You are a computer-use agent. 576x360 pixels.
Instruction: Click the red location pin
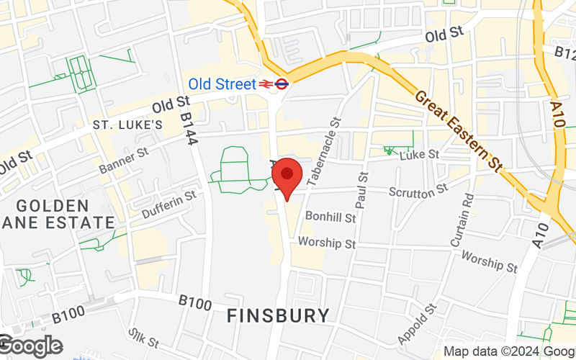[x=287, y=179]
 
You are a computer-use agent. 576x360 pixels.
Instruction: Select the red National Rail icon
[x=266, y=84]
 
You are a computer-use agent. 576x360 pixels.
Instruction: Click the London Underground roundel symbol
[x=282, y=84]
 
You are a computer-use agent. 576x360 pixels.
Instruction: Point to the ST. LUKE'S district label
[x=127, y=125]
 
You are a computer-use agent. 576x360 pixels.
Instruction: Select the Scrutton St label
[x=418, y=192]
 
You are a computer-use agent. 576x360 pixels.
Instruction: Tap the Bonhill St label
[x=330, y=217]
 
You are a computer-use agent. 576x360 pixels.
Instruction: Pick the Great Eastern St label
[x=457, y=130]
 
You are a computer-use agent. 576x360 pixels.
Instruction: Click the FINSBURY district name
[x=278, y=315]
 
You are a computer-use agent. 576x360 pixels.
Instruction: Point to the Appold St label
[x=417, y=324]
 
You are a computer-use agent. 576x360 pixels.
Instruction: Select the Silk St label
[x=143, y=339]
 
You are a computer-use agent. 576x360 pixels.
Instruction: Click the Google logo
[x=30, y=346]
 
